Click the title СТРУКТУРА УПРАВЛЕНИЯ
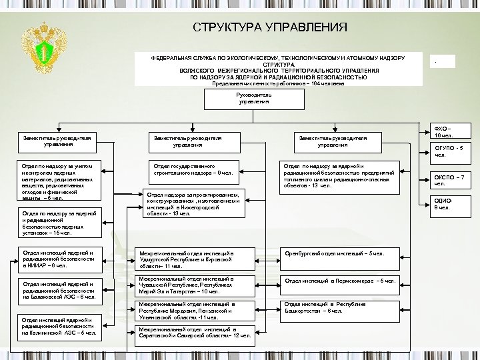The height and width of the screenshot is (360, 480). coord(270,27)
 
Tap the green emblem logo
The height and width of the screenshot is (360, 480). coord(41,51)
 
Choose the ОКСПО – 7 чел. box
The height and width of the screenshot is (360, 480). coord(449,180)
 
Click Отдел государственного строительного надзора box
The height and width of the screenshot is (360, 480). coord(193,169)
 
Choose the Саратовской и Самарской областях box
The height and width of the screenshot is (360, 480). coord(195,332)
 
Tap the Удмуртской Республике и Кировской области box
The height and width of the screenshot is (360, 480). coord(195,259)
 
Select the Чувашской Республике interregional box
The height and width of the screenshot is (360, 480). coord(195,285)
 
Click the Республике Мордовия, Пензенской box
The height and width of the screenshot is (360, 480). coord(195,310)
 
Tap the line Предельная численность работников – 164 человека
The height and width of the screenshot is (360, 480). coord(278,83)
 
